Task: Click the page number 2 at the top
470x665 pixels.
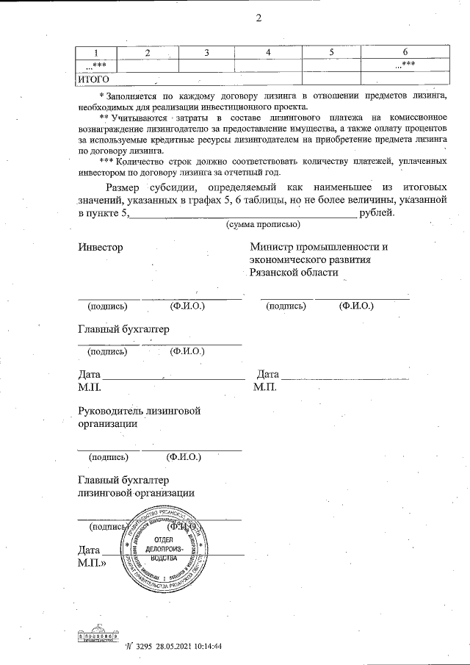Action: [258, 18]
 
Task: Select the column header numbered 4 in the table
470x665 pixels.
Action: [269, 52]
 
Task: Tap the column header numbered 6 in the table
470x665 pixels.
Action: [405, 52]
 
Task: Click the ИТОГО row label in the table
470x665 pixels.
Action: [94, 79]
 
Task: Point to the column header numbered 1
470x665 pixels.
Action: [97, 52]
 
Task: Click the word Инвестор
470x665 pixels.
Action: [101, 247]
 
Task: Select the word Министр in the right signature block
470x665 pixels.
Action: [274, 247]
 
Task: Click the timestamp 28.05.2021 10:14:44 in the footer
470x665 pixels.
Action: [188, 647]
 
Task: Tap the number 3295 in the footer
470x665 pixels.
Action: [142, 647]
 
